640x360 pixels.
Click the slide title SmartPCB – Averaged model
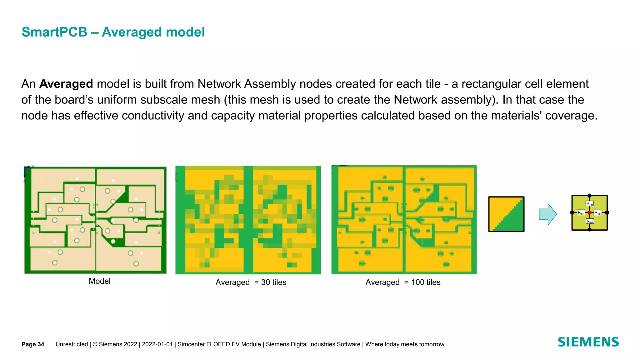click(x=113, y=32)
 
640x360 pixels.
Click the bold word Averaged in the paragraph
click(x=66, y=84)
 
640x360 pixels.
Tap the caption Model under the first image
click(x=99, y=281)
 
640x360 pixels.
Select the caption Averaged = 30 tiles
click(x=251, y=282)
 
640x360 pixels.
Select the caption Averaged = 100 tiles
click(x=403, y=282)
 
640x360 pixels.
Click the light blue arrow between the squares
click(x=547, y=214)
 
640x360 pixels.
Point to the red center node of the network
click(x=589, y=212)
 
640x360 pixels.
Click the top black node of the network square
click(x=589, y=196)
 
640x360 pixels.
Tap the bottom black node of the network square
click(x=589, y=230)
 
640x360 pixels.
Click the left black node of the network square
click(x=572, y=212)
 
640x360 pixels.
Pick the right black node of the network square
click(x=607, y=212)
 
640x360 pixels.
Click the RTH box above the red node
click(x=589, y=204)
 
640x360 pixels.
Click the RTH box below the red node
click(x=589, y=221)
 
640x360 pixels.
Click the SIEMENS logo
click(x=588, y=342)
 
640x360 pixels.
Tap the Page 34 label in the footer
click(x=33, y=344)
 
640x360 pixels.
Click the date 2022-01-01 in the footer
click(x=157, y=344)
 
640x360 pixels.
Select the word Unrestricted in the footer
click(x=72, y=344)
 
